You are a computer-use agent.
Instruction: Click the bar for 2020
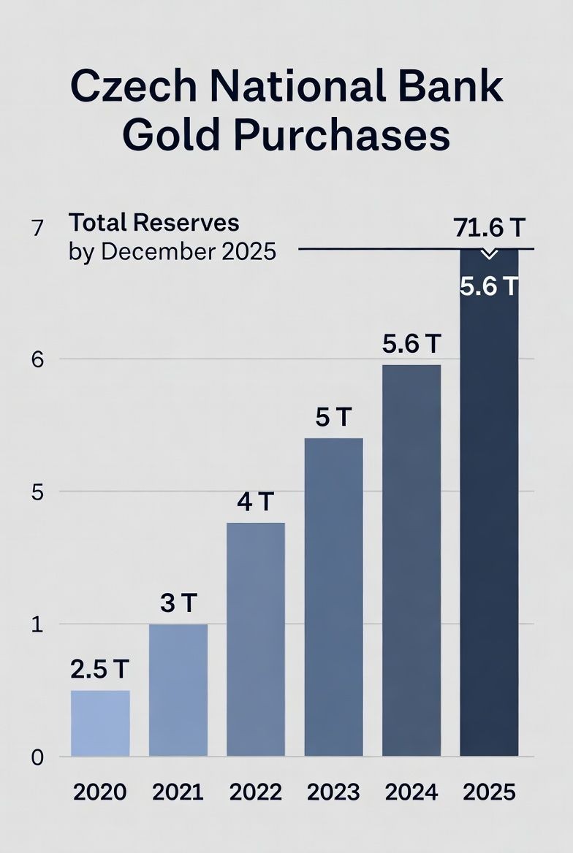point(100,723)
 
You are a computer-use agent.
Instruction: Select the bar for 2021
point(178,689)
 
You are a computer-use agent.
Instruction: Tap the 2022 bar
point(256,639)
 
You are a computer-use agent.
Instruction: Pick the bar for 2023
point(333,597)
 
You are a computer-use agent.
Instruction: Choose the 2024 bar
point(411,560)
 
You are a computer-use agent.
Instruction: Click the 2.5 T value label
point(100,669)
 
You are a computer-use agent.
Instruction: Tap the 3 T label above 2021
point(178,603)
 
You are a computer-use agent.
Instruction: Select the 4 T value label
point(256,502)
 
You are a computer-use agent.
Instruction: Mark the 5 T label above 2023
point(333,418)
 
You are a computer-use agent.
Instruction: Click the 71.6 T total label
point(489,229)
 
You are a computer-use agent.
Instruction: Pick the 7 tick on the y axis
point(38,229)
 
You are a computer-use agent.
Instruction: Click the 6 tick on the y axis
point(38,359)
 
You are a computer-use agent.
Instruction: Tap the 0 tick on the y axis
point(38,757)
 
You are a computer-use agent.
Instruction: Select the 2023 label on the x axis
point(333,792)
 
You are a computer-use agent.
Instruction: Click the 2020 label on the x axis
point(100,792)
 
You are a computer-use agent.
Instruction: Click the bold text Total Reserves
point(153,222)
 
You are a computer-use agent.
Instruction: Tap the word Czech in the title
point(134,87)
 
